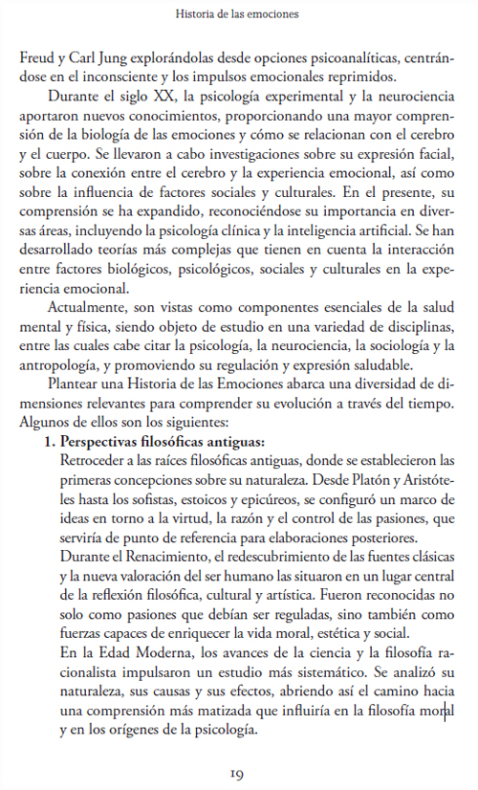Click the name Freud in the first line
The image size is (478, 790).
(x=36, y=59)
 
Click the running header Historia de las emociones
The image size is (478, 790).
(x=238, y=15)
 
